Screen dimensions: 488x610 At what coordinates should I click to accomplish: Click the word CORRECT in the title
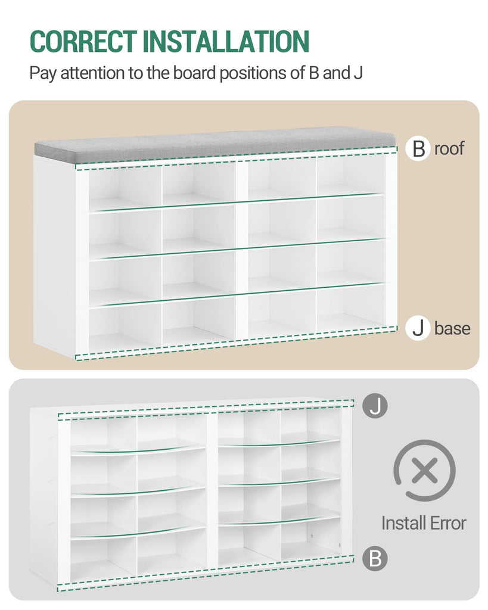[x=83, y=41]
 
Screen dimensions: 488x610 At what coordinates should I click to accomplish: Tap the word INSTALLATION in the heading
[x=226, y=41]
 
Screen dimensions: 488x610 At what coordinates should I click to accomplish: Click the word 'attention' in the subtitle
[x=92, y=73]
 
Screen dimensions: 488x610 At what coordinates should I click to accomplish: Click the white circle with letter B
[x=418, y=148]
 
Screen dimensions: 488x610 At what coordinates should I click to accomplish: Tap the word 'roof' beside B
[x=449, y=148]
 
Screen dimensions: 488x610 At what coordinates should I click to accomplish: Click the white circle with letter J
[x=418, y=328]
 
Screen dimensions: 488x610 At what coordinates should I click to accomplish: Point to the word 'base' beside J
[x=452, y=328]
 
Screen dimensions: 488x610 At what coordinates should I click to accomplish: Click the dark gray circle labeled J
[x=375, y=406]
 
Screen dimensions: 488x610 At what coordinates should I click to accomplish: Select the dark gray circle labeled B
[x=375, y=558]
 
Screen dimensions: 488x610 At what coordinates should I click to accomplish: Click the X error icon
[x=425, y=470]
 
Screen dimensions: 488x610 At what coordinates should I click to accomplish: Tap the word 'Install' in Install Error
[x=403, y=523]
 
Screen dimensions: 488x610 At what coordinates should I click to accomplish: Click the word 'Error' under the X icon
[x=447, y=523]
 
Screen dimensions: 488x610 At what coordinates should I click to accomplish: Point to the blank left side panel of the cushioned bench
[x=54, y=255]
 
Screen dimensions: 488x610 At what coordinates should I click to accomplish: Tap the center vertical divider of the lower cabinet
[x=212, y=494]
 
